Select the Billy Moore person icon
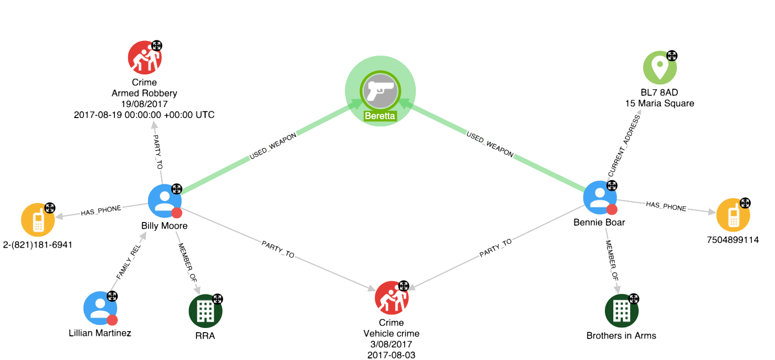pyautogui.click(x=164, y=200)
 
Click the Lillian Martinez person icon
pyautogui.click(x=100, y=308)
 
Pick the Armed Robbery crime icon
pyautogui.click(x=144, y=57)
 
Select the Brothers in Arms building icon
pyautogui.click(x=622, y=311)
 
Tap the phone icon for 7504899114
pyautogui.click(x=733, y=215)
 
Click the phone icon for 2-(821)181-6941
pyautogui.click(x=38, y=220)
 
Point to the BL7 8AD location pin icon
pyautogui.click(x=660, y=67)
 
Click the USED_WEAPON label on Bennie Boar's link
pyautogui.click(x=489, y=145)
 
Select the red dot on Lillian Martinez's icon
pyautogui.click(x=112, y=320)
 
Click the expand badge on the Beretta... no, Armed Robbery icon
pyautogui.click(x=156, y=46)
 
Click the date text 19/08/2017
pyautogui.click(x=144, y=104)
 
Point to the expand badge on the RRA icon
pyautogui.click(x=217, y=299)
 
